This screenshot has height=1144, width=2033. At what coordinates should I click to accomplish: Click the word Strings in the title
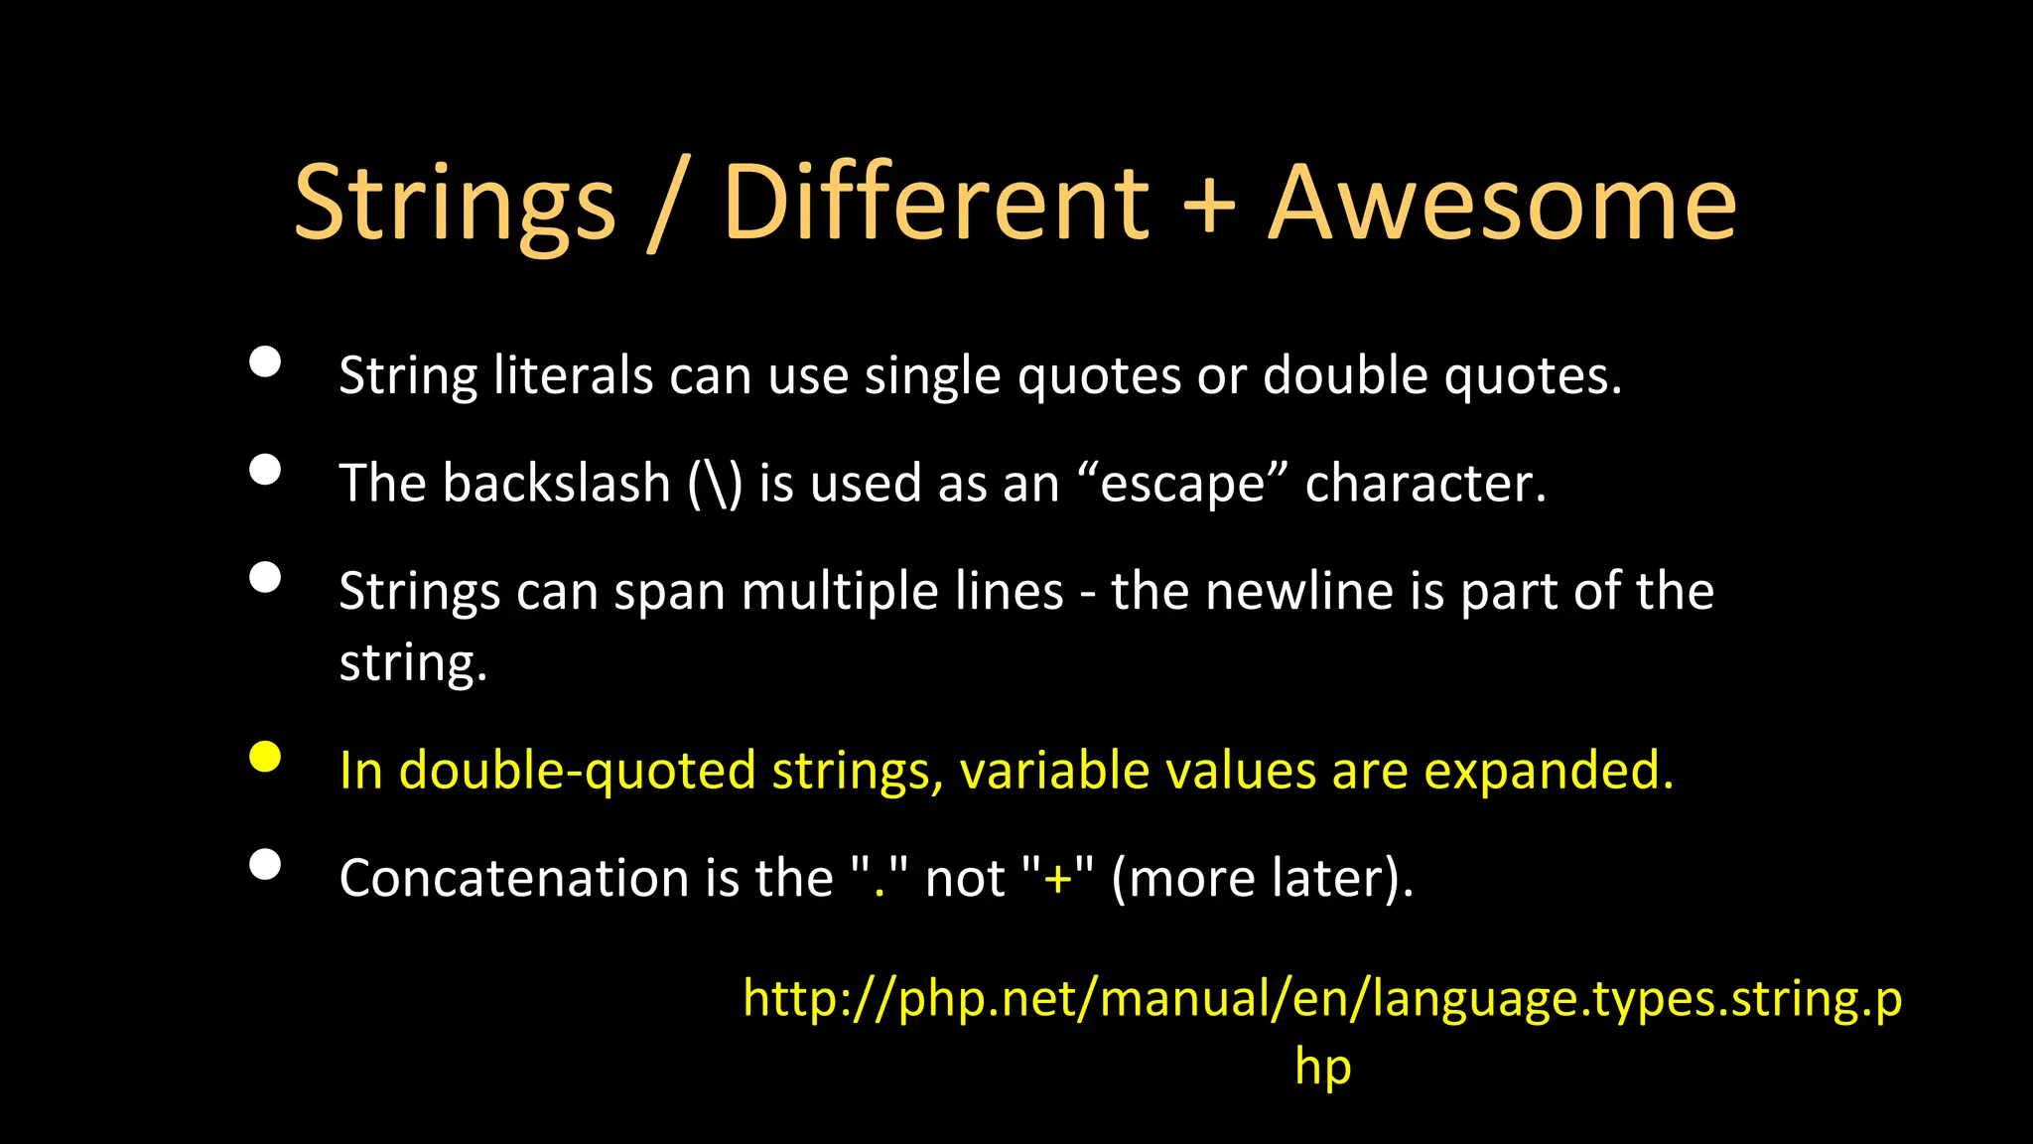455,205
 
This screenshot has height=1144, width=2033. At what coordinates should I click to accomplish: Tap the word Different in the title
935,205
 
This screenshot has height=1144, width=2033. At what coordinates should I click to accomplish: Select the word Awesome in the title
1503,205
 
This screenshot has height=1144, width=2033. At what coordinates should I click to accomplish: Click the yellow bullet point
265,757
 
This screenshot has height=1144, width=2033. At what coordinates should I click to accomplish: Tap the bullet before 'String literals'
265,362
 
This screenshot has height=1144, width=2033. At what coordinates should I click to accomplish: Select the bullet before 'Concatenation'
265,865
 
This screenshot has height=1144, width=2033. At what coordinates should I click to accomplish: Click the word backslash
557,484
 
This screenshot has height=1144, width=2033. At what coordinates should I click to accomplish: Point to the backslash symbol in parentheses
715,485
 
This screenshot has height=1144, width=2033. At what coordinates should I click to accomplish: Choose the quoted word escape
1182,485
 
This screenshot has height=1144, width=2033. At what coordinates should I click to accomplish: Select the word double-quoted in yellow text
577,772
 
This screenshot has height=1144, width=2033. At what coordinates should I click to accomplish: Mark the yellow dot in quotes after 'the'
879,891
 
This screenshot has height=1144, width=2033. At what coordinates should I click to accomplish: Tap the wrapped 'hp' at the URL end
1323,1069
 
